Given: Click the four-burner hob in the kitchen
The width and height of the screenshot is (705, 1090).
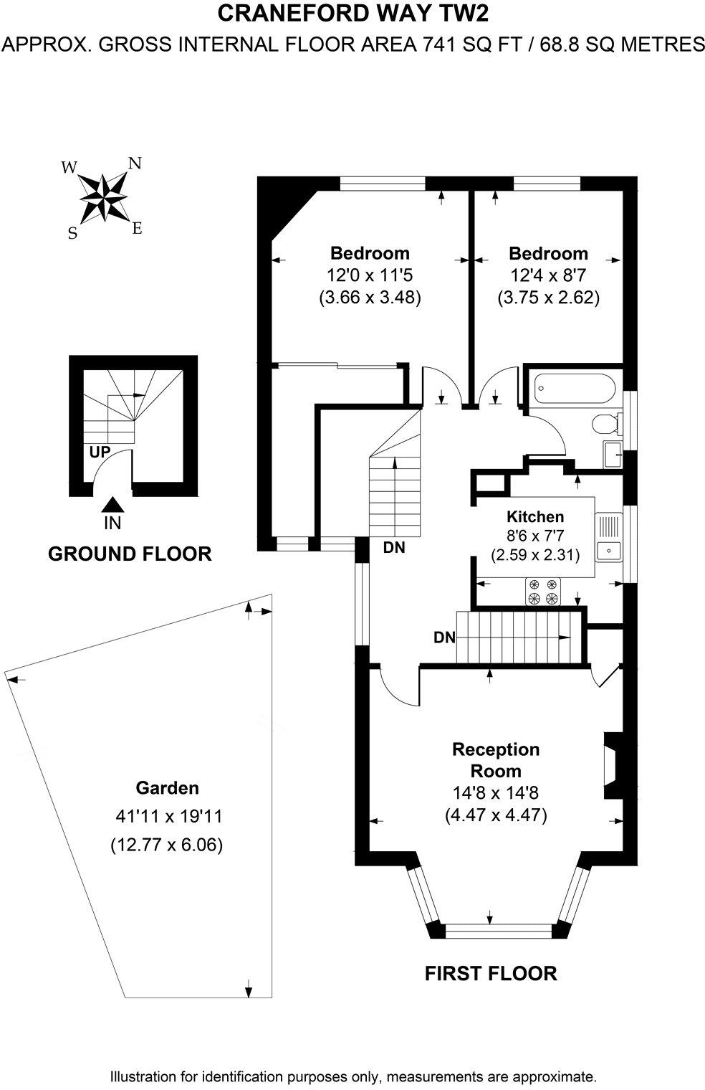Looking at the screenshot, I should pyautogui.click(x=542, y=592).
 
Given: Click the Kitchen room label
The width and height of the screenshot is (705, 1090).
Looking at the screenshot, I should pyautogui.click(x=534, y=516).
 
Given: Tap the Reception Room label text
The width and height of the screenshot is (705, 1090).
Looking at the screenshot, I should pyautogui.click(x=495, y=760).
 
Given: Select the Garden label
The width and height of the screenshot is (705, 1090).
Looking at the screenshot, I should pyautogui.click(x=167, y=788).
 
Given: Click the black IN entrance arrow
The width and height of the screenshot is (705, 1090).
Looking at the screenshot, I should pyautogui.click(x=112, y=506).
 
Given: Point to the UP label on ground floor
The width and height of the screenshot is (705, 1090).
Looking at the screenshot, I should pyautogui.click(x=100, y=452).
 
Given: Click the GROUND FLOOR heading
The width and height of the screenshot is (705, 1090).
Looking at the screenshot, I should pyautogui.click(x=129, y=554).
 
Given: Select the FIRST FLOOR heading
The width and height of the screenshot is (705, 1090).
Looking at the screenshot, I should pyautogui.click(x=490, y=973).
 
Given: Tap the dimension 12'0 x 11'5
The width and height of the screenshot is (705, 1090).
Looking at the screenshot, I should pyautogui.click(x=370, y=275).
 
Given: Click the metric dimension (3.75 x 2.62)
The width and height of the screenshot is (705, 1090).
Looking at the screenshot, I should pyautogui.click(x=548, y=297).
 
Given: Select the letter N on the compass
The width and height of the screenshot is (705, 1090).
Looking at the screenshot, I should pyautogui.click(x=135, y=163).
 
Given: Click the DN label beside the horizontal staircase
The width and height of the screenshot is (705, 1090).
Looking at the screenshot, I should pyautogui.click(x=444, y=637).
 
